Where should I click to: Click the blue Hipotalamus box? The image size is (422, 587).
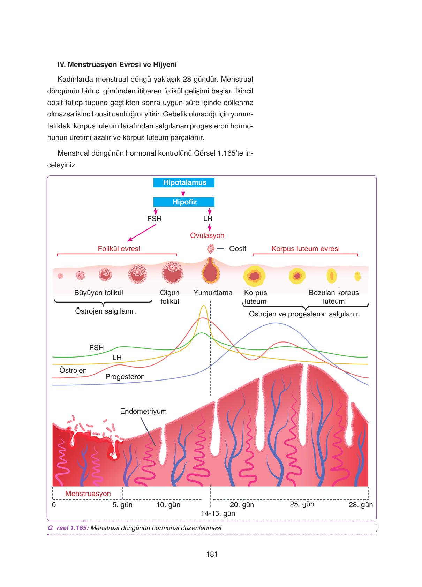[184, 182]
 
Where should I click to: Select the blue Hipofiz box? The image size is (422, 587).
[184, 202]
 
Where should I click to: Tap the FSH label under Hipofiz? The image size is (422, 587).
[155, 219]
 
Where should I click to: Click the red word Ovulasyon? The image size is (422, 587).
[207, 235]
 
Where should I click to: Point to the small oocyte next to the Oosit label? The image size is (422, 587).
[210, 249]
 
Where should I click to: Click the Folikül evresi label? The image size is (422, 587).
[119, 249]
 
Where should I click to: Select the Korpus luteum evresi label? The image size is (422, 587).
[306, 249]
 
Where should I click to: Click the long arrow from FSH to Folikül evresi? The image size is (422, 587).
[141, 233]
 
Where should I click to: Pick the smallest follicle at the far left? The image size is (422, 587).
[60, 276]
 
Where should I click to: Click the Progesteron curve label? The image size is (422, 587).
[125, 377]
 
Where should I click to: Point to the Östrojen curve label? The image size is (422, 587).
[73, 370]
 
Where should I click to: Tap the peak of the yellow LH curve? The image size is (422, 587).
[203, 306]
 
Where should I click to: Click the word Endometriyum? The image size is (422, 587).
[143, 411]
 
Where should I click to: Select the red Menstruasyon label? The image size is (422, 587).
[88, 494]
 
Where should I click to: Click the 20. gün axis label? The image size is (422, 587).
[242, 505]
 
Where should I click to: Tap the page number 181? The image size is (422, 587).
[212, 554]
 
